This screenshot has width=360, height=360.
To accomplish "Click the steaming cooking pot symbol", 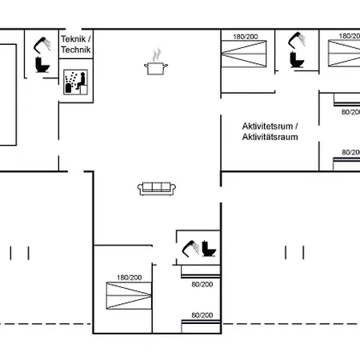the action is (x=156, y=62).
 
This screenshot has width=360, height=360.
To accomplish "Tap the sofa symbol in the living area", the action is (x=157, y=189).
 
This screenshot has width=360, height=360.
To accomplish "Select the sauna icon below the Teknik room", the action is (x=76, y=82).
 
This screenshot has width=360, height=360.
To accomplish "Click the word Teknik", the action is (x=74, y=39).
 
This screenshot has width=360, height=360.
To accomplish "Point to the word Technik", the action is (x=76, y=50).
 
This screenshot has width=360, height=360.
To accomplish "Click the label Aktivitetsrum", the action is (x=267, y=126).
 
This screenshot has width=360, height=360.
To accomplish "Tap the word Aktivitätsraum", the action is (x=270, y=137).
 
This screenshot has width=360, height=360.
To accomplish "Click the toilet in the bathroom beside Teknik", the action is (x=42, y=65).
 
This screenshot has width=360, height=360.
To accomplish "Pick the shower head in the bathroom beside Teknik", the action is (x=42, y=45).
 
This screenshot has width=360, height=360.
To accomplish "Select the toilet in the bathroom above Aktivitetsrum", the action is (x=297, y=60).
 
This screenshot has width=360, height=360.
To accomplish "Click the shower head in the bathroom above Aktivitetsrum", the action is (x=297, y=40).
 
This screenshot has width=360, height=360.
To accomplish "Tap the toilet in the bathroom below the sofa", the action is (x=209, y=249).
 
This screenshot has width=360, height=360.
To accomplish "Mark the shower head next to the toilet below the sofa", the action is (x=190, y=249).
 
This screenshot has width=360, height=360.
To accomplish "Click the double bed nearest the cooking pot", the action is (x=244, y=54).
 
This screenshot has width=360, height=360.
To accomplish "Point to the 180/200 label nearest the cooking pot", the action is (x=246, y=37).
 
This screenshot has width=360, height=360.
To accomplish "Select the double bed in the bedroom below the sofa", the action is (x=129, y=296).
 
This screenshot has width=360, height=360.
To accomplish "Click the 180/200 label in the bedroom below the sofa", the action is (x=129, y=278).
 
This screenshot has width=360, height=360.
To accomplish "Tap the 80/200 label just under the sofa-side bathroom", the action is (x=202, y=285).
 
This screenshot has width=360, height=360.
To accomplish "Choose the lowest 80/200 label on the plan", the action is (x=202, y=315).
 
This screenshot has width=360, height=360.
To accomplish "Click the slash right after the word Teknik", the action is (x=89, y=39).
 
